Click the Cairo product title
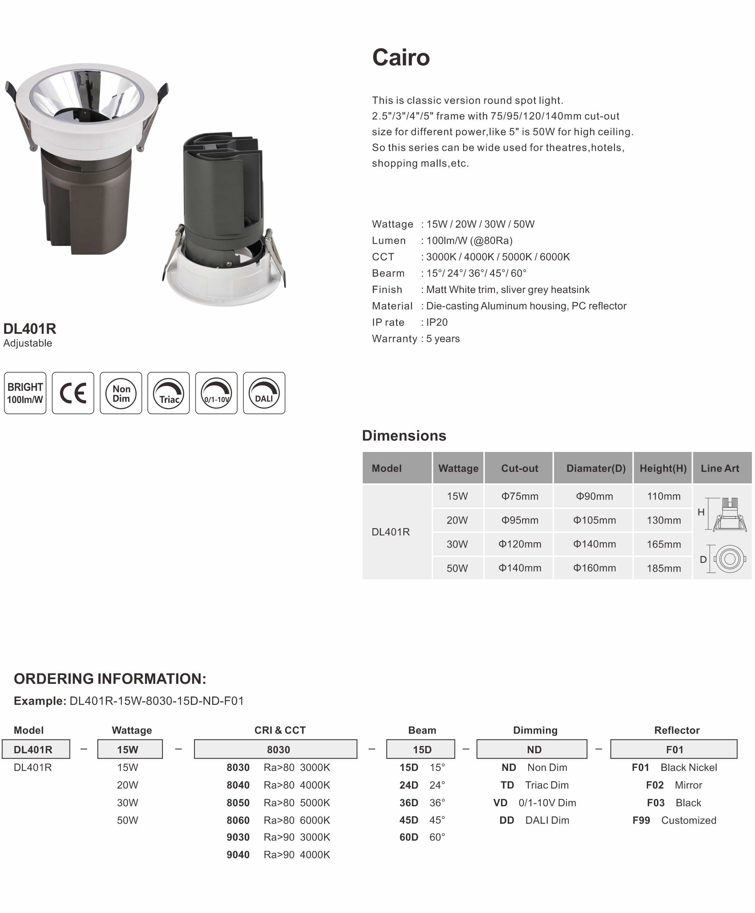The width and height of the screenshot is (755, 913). [401, 57]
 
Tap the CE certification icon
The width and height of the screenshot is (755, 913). [73, 393]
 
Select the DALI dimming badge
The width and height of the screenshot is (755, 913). [264, 393]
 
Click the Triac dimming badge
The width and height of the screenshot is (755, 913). [168, 393]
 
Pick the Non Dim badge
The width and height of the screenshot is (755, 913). [121, 393]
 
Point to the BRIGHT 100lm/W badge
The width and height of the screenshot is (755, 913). [25, 393]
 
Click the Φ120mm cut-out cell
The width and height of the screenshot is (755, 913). [520, 544]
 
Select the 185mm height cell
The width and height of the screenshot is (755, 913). [664, 568]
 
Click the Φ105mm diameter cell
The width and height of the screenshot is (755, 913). [595, 520]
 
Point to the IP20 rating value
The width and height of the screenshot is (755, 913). [437, 322]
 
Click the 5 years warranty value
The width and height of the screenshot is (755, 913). [443, 339]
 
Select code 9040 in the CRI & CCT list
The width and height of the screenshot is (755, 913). [238, 855]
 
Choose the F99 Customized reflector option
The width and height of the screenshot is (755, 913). [674, 820]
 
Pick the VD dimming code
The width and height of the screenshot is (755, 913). [500, 803]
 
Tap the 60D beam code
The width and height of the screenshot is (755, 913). [409, 837]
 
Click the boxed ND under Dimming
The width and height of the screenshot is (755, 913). [534, 749]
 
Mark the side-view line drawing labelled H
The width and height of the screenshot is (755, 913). [729, 515]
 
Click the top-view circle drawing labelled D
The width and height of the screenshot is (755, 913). [730, 559]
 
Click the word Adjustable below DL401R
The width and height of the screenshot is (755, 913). [28, 343]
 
